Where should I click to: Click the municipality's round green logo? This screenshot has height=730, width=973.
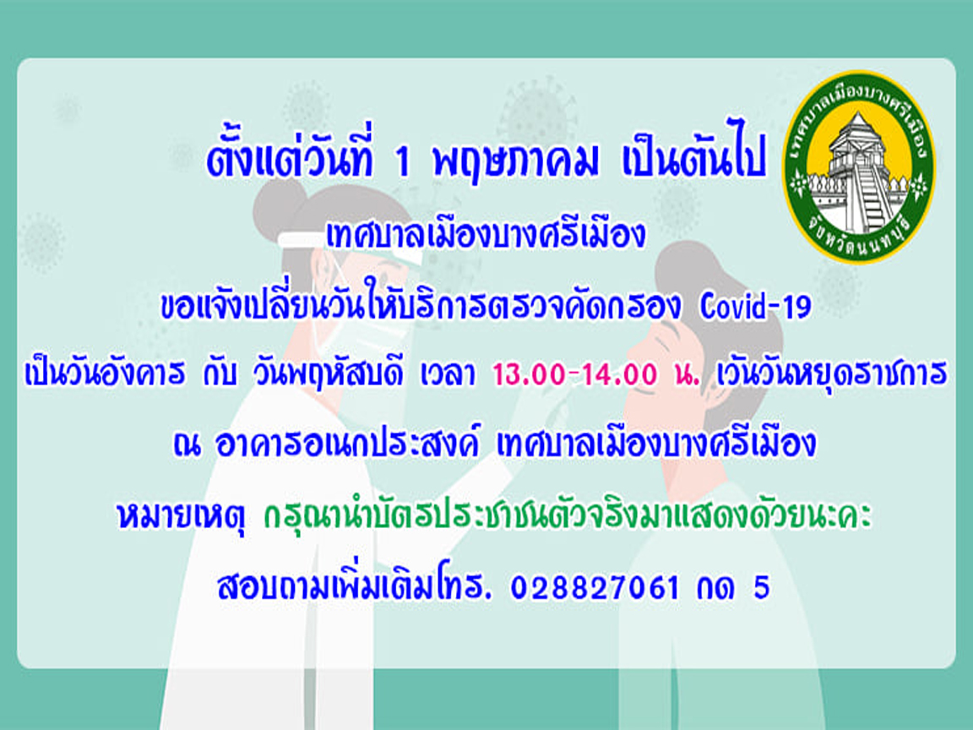point(860,166)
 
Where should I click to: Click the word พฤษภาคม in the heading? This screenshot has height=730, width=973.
point(516,161)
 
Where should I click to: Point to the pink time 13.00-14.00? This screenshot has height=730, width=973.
point(574,373)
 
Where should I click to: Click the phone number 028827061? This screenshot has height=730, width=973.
point(595,587)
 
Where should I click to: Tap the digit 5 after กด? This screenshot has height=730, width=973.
point(761,587)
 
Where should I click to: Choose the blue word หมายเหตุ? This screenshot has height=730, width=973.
point(181,517)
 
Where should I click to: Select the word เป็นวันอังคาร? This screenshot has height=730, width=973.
point(104,373)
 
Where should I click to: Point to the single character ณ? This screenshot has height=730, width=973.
point(187,445)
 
